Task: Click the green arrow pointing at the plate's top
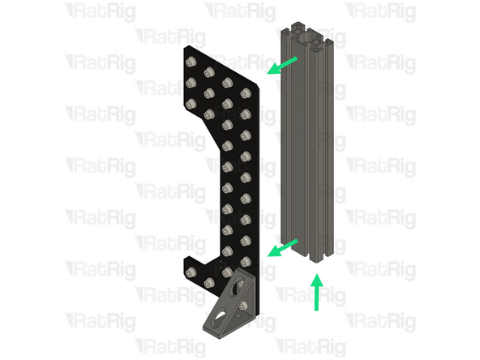[x=283, y=66]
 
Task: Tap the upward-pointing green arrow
[x=317, y=292]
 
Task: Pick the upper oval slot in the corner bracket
[x=242, y=285]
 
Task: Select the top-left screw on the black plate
[x=192, y=63]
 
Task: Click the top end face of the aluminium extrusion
[x=304, y=36]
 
